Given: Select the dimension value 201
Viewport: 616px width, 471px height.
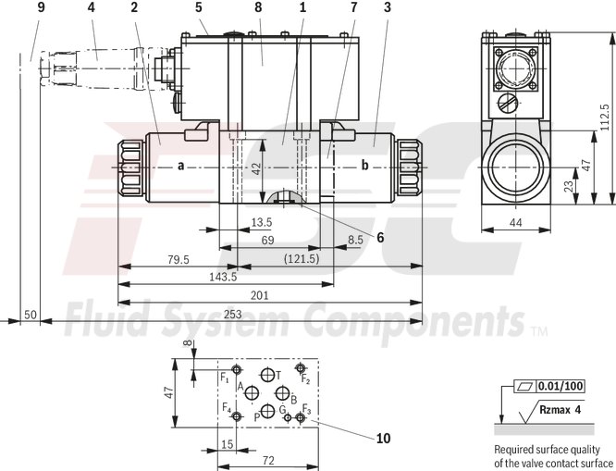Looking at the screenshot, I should (x=260, y=295).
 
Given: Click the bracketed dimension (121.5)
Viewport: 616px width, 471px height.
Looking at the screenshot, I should (x=302, y=259).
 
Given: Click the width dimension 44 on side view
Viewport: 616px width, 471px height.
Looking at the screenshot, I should (x=516, y=223).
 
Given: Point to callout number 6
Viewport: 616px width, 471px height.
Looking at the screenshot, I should (x=378, y=236).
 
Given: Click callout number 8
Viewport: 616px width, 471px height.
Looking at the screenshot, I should (x=259, y=7).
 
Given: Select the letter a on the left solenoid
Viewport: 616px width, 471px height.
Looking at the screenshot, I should (x=181, y=166).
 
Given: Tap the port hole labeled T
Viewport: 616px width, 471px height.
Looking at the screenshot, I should (x=268, y=375).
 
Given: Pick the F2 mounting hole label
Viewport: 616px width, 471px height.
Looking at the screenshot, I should (x=305, y=379).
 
